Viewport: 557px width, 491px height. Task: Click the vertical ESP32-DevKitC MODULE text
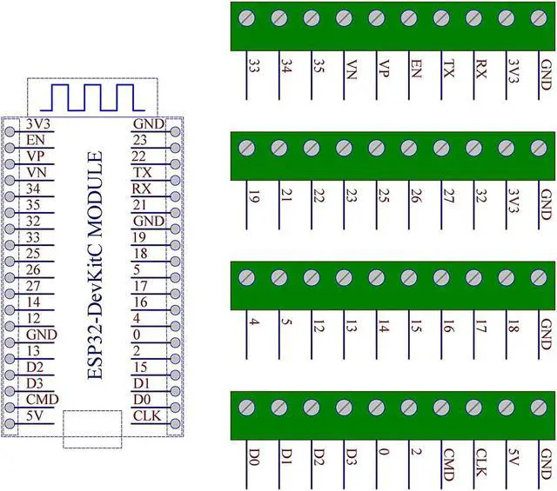click(95, 265)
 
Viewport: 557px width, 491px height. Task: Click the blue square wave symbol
click(92, 97)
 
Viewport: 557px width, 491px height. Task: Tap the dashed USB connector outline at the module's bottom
click(92, 429)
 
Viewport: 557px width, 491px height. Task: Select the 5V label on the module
click(35, 415)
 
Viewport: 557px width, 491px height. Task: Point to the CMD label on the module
click(43, 400)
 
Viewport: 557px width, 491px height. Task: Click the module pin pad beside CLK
click(176, 423)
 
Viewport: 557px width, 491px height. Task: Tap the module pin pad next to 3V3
click(10, 131)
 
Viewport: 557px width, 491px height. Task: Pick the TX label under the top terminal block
click(448, 69)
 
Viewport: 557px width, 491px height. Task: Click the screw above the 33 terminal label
click(247, 18)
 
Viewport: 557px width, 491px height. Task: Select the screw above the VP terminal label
click(377, 18)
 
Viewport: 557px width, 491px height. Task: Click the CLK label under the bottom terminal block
click(480, 462)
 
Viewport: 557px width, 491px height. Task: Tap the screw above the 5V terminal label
click(507, 408)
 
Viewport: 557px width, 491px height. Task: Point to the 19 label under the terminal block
click(253, 196)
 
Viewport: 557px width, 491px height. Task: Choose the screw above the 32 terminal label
click(473, 148)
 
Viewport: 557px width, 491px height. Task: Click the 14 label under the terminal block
click(383, 326)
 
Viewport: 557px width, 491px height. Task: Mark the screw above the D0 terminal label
click(247, 408)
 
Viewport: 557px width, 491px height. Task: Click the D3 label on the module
click(35, 383)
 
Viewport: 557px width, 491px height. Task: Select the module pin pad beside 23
click(176, 148)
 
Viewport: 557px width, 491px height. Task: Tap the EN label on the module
click(36, 140)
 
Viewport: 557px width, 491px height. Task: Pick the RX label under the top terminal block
click(480, 69)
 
